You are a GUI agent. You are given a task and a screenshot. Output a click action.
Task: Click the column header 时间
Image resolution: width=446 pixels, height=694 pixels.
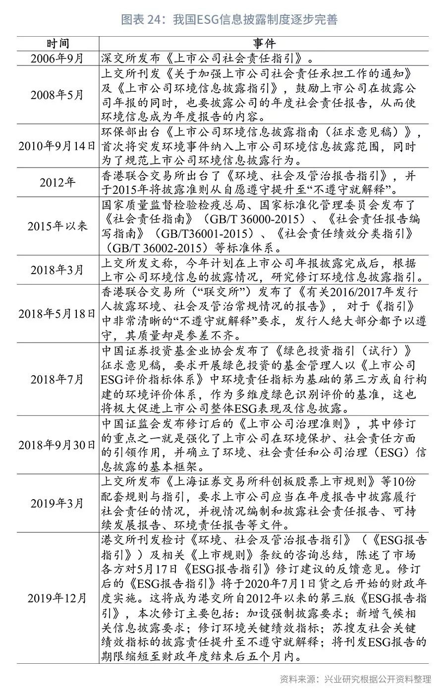(x=58, y=44)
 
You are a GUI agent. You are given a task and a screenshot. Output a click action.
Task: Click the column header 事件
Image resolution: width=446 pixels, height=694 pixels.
(x=264, y=44)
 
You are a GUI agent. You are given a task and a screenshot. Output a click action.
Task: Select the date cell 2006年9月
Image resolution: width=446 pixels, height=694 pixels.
(x=58, y=58)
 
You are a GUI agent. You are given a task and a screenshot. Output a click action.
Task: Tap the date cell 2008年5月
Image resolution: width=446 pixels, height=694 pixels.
(x=57, y=95)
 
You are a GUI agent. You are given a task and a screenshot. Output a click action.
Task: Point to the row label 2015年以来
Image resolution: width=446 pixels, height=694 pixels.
(x=57, y=226)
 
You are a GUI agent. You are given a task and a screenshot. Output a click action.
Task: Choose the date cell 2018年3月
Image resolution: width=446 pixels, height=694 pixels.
(x=57, y=270)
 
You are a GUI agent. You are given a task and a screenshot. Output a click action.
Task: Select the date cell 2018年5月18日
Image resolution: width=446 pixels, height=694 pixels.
(x=57, y=313)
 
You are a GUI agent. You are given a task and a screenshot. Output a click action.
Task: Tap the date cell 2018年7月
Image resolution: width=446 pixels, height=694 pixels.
(x=57, y=379)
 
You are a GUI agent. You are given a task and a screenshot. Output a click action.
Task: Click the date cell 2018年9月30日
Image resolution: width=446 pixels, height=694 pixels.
(x=57, y=445)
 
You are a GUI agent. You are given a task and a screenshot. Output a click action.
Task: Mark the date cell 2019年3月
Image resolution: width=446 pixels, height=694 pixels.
(x=57, y=503)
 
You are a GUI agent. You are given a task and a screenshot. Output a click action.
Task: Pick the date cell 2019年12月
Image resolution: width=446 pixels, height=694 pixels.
(x=57, y=598)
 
